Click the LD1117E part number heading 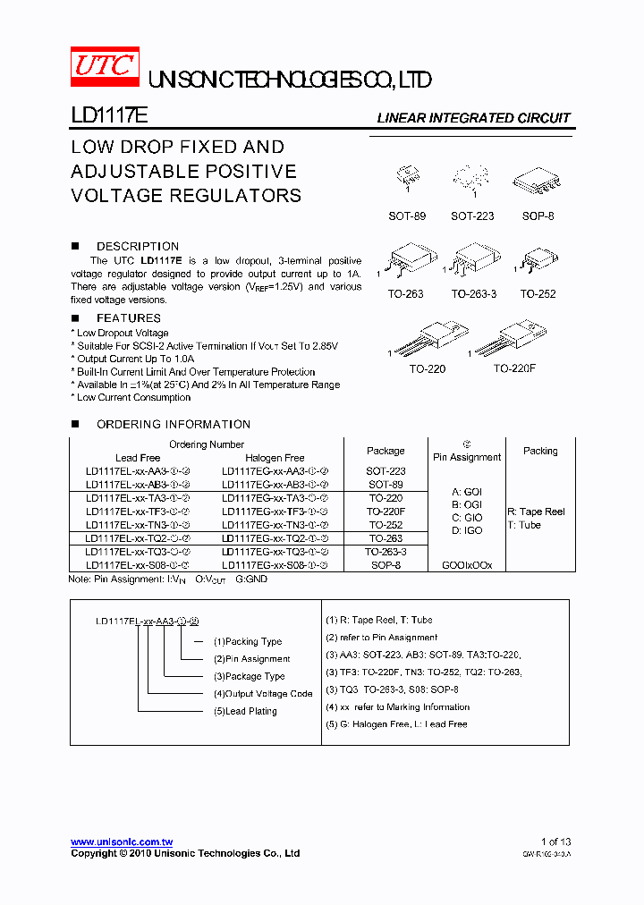[103, 116]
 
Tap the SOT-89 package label [407, 216]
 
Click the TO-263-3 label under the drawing [473, 293]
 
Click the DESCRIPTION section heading [137, 246]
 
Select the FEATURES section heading [128, 317]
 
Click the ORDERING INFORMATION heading [173, 424]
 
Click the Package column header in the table [386, 451]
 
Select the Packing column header [540, 451]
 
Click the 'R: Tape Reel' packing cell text [537, 512]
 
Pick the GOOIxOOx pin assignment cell [467, 565]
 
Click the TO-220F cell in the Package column [386, 512]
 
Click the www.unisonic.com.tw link [122, 842]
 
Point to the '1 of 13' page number [555, 842]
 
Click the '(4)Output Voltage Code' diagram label [263, 694]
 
